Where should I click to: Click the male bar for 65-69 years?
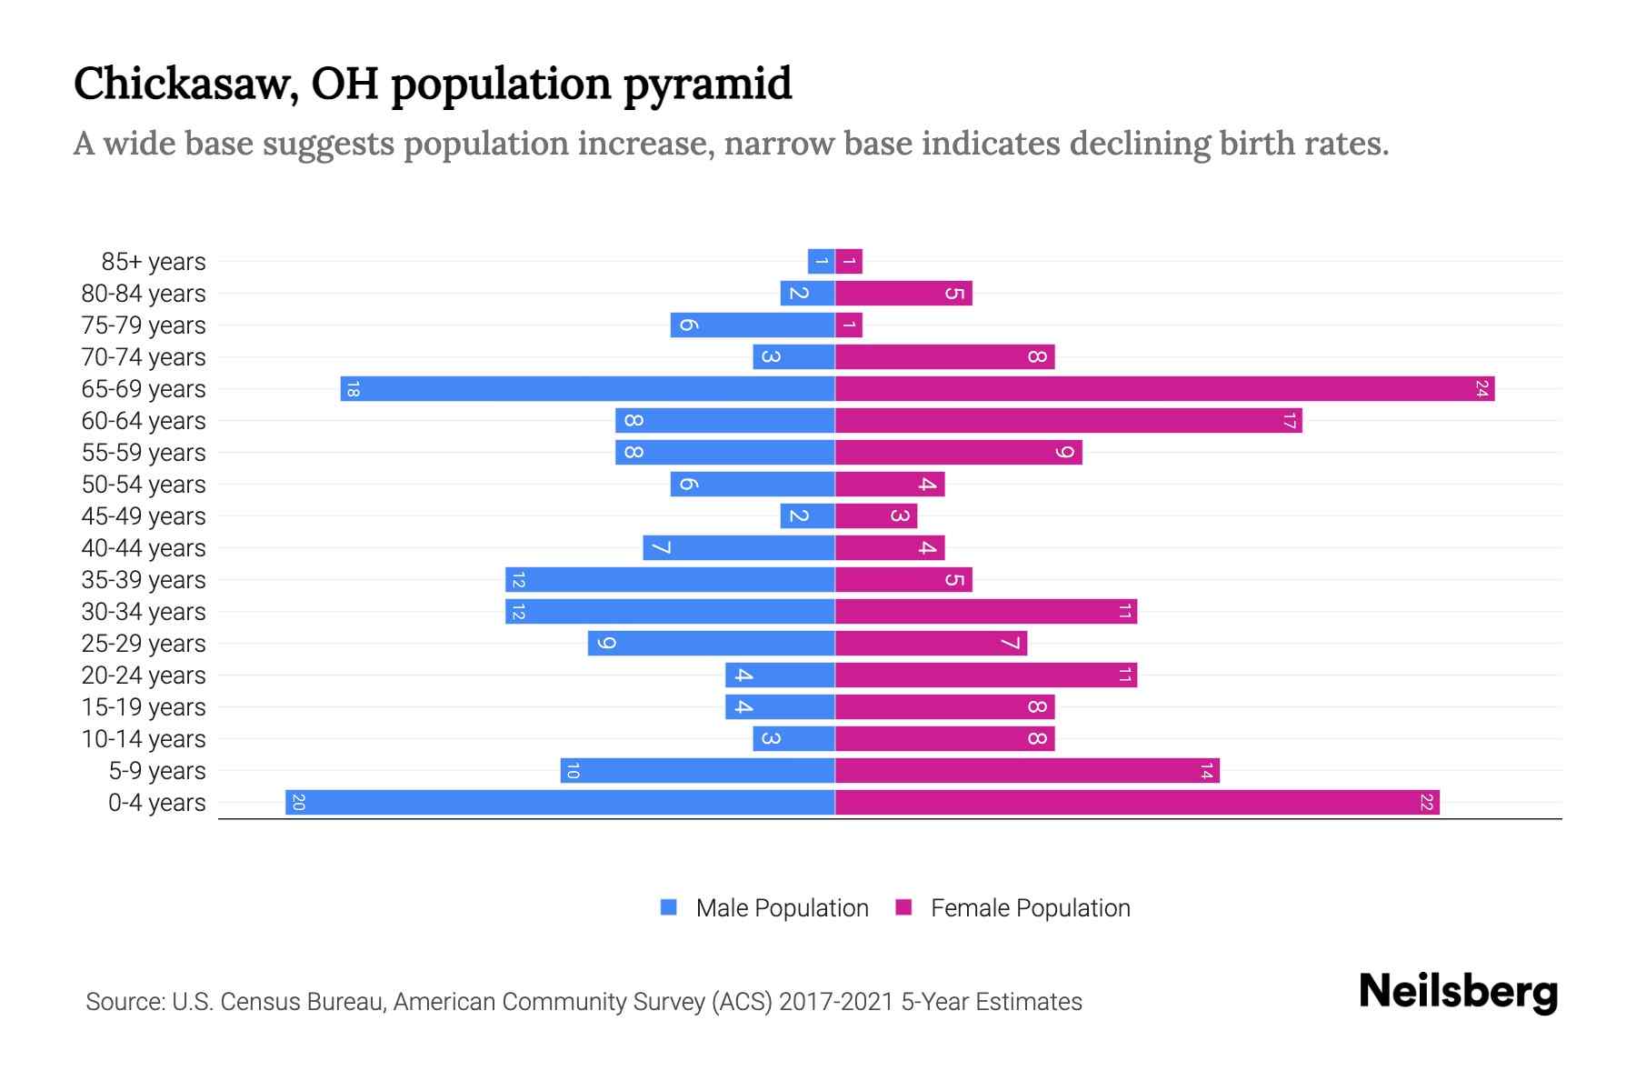click(x=588, y=389)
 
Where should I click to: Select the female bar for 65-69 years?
click(x=1164, y=389)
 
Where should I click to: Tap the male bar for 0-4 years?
click(x=560, y=803)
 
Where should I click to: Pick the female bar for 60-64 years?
click(x=1068, y=421)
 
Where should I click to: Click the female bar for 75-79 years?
click(x=849, y=325)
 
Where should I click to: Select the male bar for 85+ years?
click(x=822, y=262)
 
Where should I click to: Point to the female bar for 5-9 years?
click(x=1027, y=771)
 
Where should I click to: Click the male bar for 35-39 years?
click(x=670, y=580)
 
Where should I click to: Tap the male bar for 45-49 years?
click(x=807, y=516)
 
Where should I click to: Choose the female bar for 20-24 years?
click(x=986, y=676)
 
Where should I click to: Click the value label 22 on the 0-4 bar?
click(x=1426, y=803)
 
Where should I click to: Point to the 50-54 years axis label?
click(x=144, y=485)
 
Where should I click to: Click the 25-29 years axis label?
click(x=144, y=644)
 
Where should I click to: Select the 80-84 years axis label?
click(x=144, y=294)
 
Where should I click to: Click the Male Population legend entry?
click(x=781, y=908)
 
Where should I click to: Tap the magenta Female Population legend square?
click(x=903, y=907)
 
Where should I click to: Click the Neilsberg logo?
click(x=1458, y=992)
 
